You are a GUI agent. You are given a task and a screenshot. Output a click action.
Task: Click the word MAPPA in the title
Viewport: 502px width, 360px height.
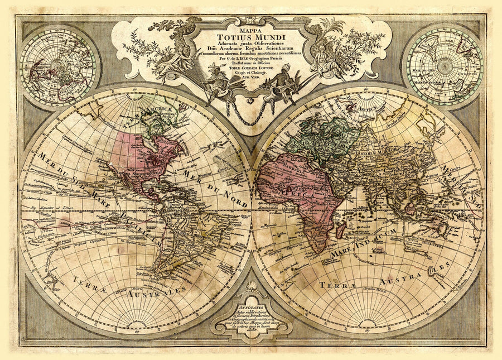(251, 25)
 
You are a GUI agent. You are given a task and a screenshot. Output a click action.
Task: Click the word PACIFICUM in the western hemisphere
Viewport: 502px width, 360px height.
(142, 234)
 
